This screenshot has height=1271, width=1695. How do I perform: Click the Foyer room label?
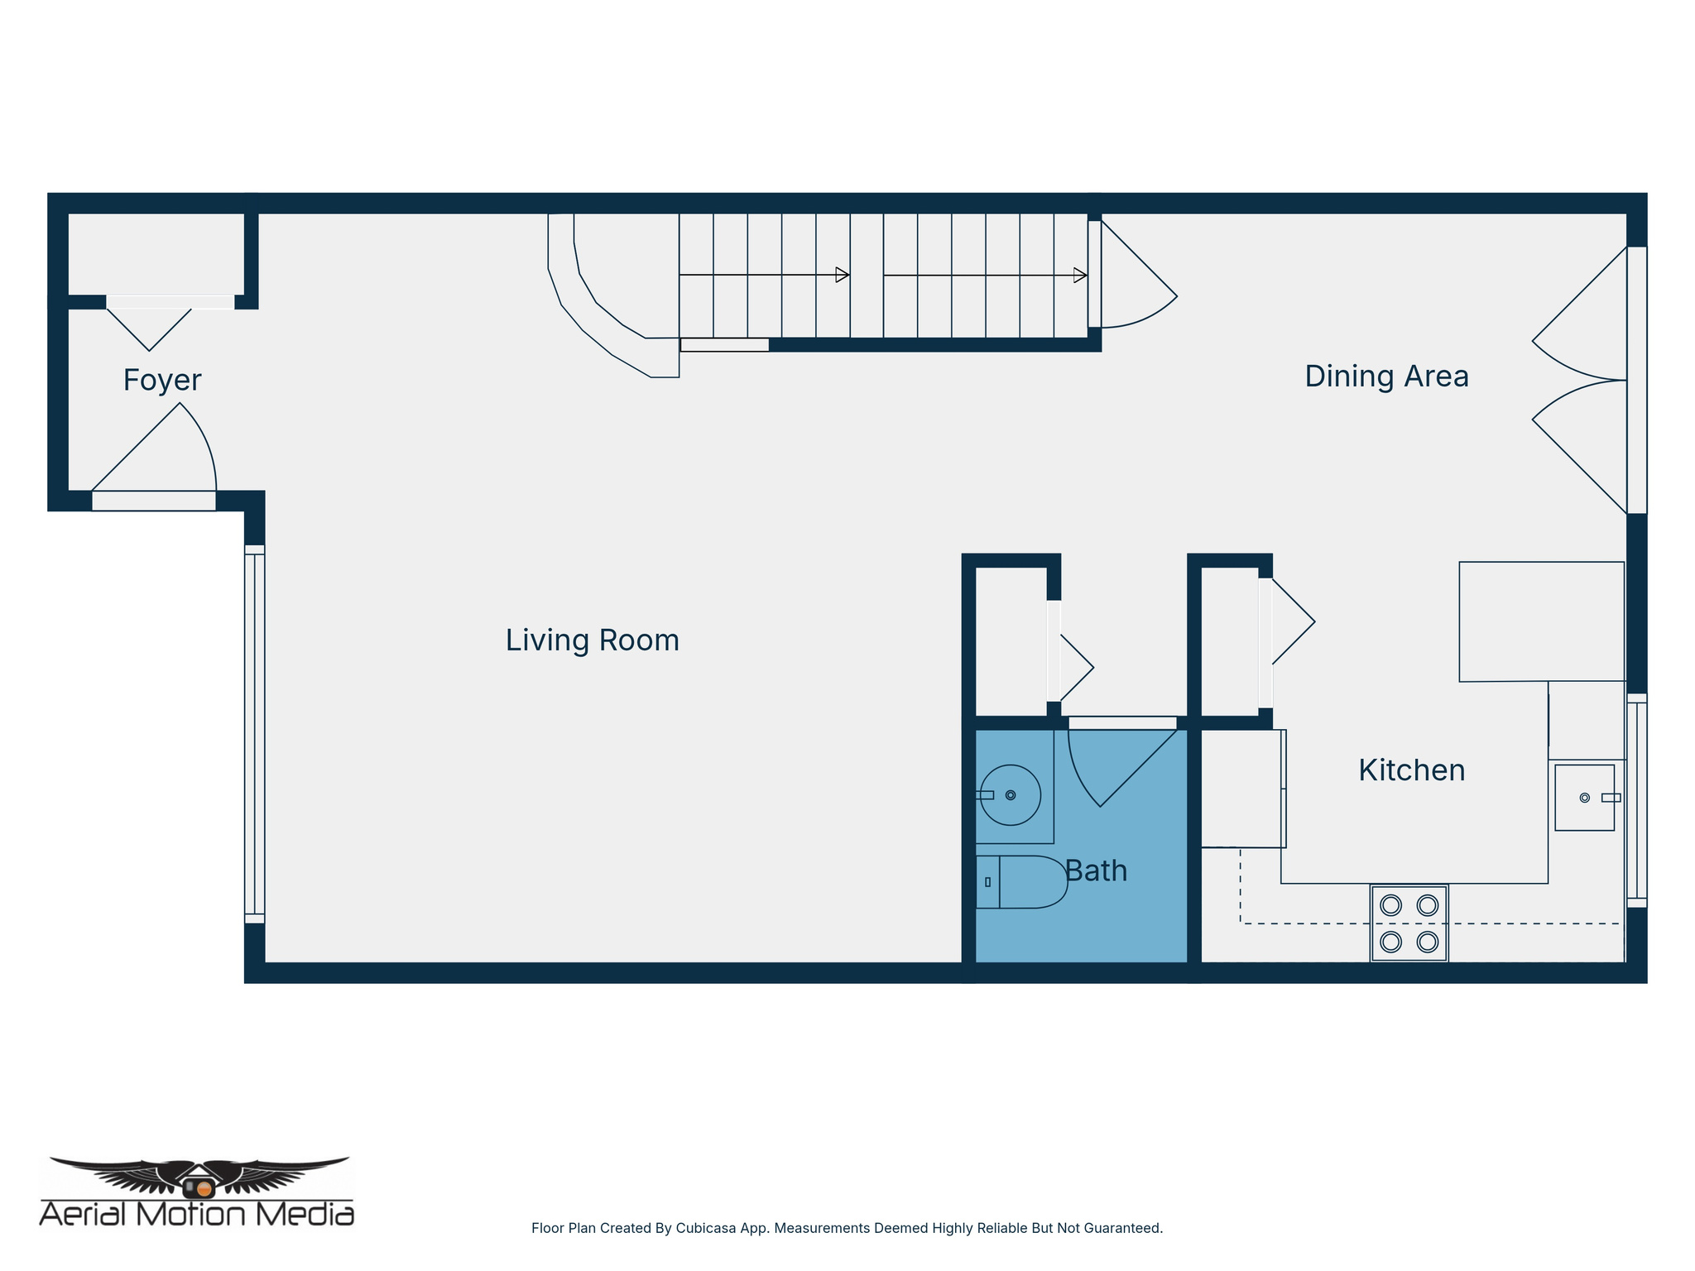coord(162,380)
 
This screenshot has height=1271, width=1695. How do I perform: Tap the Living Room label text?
coord(592,640)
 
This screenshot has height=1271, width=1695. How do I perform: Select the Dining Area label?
coord(1386,377)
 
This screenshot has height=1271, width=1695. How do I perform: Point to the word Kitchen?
coord(1411,770)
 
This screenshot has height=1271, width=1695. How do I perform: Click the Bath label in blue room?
coord(1096,871)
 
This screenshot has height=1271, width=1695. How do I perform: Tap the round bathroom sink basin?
coord(1011,795)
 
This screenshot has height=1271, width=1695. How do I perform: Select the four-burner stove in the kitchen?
coord(1409,923)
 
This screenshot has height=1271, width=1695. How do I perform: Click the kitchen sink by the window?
coord(1584,798)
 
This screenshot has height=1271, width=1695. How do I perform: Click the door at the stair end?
coord(1134,281)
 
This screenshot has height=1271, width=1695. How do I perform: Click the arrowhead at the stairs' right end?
coord(1079,275)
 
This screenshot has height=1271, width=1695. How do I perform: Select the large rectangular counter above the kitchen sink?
coord(1541,621)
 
